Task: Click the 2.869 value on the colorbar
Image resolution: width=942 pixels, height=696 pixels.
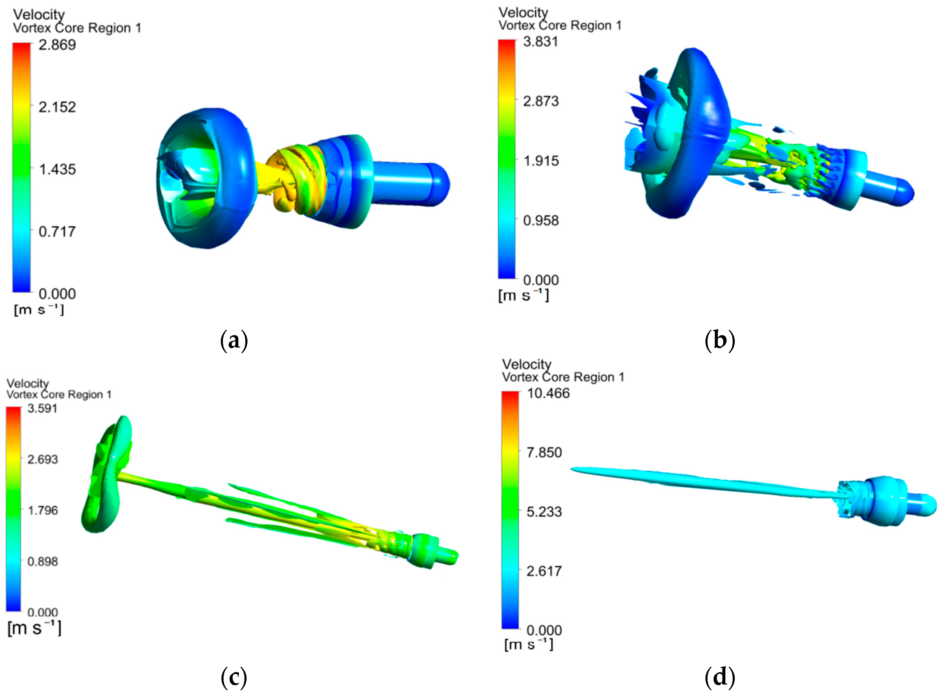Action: pos(57,45)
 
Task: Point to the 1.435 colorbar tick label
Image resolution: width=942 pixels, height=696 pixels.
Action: pos(57,169)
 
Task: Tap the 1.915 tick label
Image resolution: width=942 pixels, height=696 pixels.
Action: pos(541,161)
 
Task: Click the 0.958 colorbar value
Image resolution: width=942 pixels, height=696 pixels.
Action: pos(541,220)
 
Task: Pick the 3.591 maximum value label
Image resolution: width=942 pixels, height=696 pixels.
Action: pos(43,408)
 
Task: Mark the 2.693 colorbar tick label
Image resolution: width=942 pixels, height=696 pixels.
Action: pos(43,459)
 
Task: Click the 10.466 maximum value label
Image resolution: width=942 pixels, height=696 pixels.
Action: pos(548,393)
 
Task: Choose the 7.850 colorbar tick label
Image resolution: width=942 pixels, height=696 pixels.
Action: pos(544,453)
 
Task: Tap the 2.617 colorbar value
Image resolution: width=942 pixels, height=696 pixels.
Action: pos(544,571)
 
